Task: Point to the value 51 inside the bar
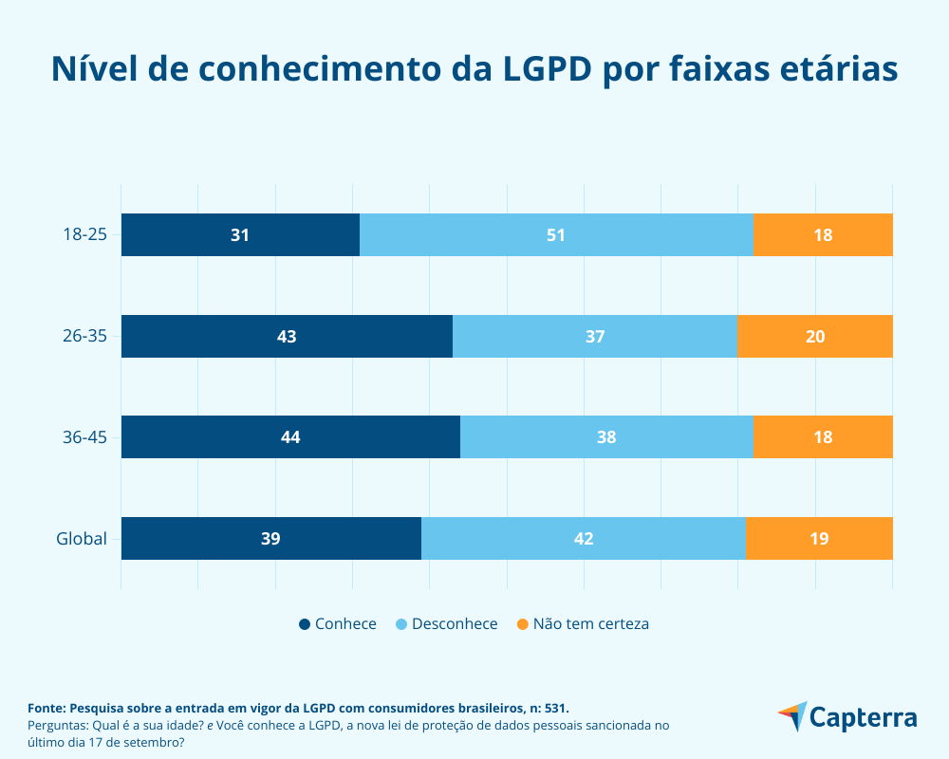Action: tap(556, 235)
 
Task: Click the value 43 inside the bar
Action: tap(287, 337)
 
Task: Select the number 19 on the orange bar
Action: tap(819, 539)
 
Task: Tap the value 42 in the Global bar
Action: tap(584, 539)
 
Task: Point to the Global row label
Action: tap(82, 539)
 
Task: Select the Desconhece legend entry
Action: tap(455, 624)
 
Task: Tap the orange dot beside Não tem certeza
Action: tap(521, 624)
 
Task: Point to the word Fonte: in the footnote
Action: tap(47, 708)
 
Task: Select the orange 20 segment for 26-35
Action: tap(815, 337)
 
